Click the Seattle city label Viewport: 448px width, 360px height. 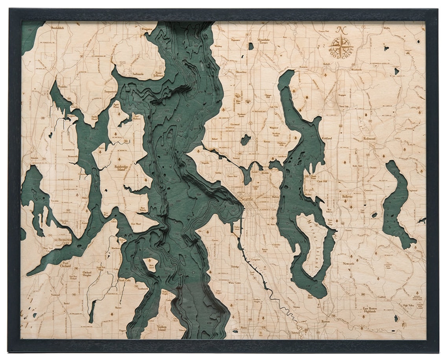coord(247,199)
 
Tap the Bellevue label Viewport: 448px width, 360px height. coord(347,196)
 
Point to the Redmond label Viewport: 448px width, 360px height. coord(369,139)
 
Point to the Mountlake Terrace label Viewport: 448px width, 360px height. coord(263,41)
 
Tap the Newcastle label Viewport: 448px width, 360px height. coord(348,263)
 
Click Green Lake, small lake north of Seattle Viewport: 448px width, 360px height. coord(246,139)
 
